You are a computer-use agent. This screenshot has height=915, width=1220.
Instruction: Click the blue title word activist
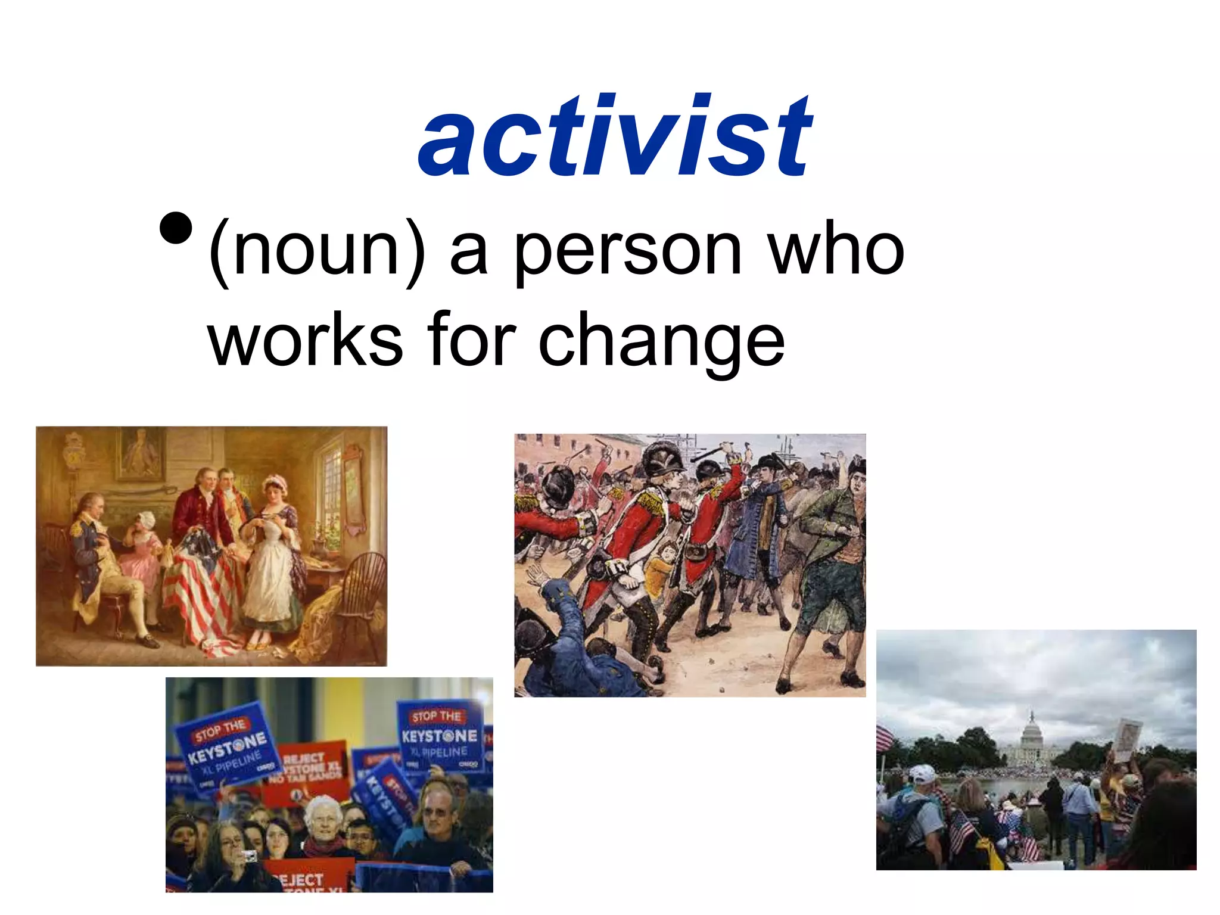[615, 137]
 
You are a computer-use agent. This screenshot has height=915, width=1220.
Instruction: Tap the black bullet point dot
[176, 228]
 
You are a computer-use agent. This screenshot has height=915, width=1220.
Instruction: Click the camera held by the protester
[249, 856]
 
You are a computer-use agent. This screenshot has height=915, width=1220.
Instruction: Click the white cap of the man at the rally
[922, 774]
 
